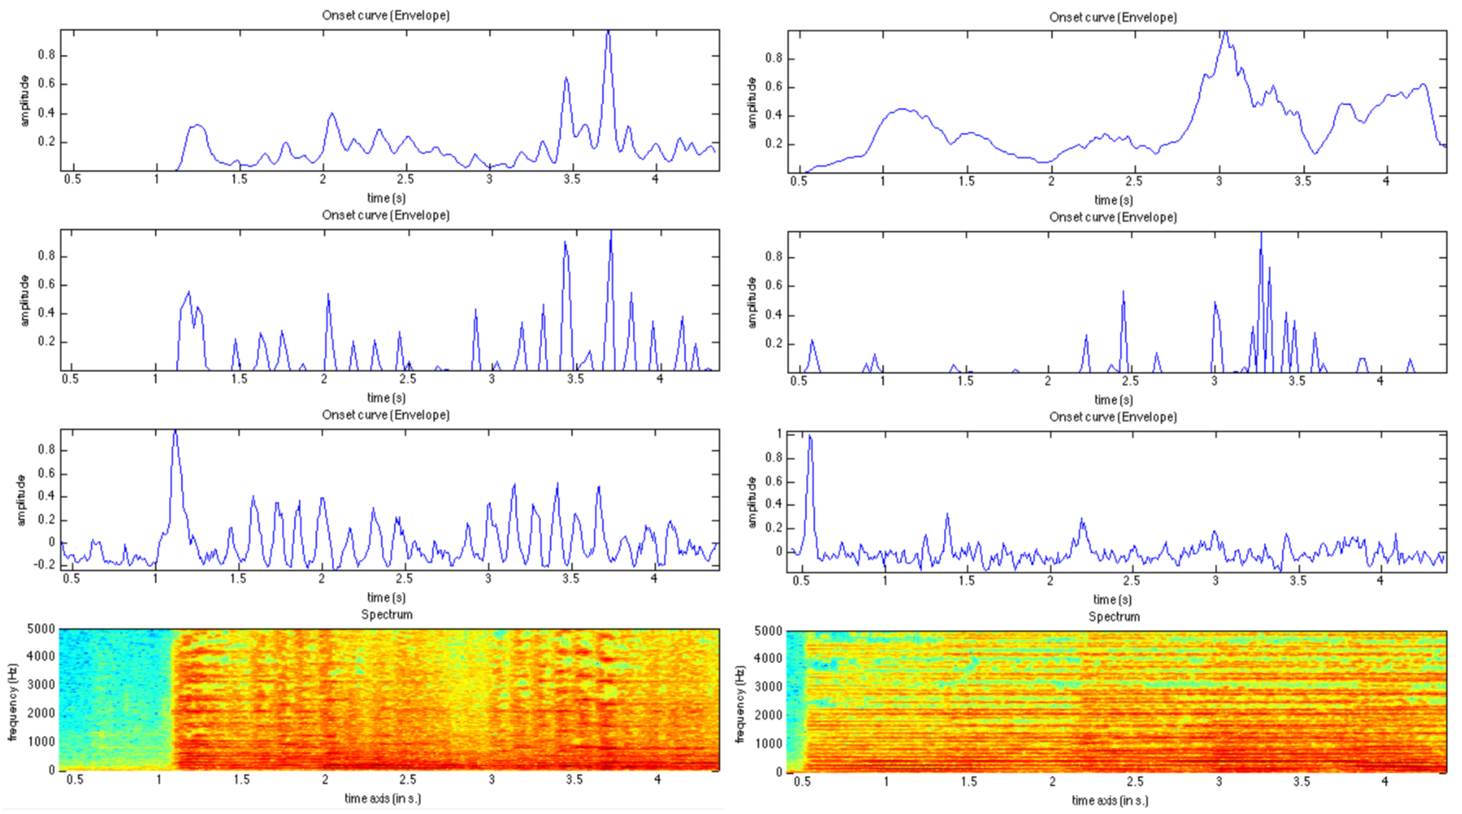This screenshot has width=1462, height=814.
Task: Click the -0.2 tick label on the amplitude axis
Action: click(x=48, y=565)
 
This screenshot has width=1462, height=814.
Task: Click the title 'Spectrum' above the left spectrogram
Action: click(x=387, y=614)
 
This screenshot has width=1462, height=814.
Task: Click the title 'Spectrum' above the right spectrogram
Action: click(x=1114, y=617)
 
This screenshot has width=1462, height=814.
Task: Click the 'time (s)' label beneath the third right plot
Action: click(x=1112, y=599)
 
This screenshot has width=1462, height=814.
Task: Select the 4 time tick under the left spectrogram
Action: click(x=657, y=779)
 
